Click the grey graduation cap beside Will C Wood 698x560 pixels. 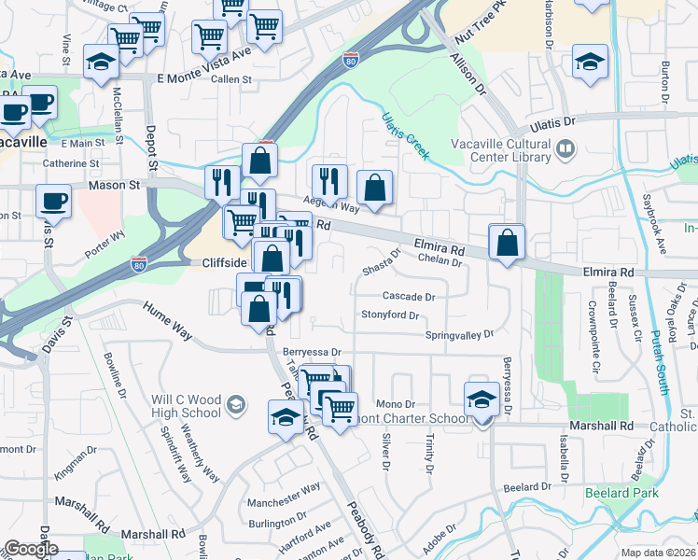237,404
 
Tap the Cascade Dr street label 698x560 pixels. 409,297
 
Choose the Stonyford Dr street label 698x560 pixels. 390,315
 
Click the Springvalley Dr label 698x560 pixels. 458,334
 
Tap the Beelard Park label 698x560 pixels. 621,493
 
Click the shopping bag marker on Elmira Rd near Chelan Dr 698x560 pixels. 506,243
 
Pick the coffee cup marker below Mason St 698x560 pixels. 53,201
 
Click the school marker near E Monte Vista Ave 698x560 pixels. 101,62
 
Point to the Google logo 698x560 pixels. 31,549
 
